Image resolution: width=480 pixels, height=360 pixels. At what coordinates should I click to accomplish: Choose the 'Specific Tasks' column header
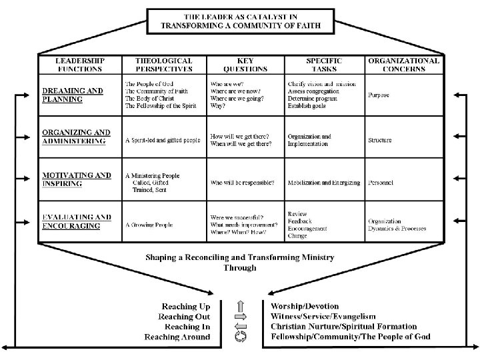(323, 65)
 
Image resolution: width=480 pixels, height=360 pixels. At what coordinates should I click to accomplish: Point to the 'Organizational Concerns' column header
(404, 65)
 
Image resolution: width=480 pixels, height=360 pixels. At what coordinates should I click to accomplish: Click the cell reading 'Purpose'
(379, 95)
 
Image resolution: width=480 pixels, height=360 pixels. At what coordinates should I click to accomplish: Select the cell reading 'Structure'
(380, 141)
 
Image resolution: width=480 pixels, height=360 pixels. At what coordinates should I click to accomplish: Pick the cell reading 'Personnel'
(381, 183)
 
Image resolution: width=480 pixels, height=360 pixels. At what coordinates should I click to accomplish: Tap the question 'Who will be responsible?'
(243, 183)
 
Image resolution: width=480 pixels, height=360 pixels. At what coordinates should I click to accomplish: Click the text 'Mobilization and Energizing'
(324, 183)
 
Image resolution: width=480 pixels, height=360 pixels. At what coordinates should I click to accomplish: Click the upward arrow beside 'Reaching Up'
(242, 307)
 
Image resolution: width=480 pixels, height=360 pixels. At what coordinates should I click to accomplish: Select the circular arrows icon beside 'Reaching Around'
(242, 337)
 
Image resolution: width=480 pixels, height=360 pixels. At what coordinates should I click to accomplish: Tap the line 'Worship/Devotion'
(305, 306)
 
